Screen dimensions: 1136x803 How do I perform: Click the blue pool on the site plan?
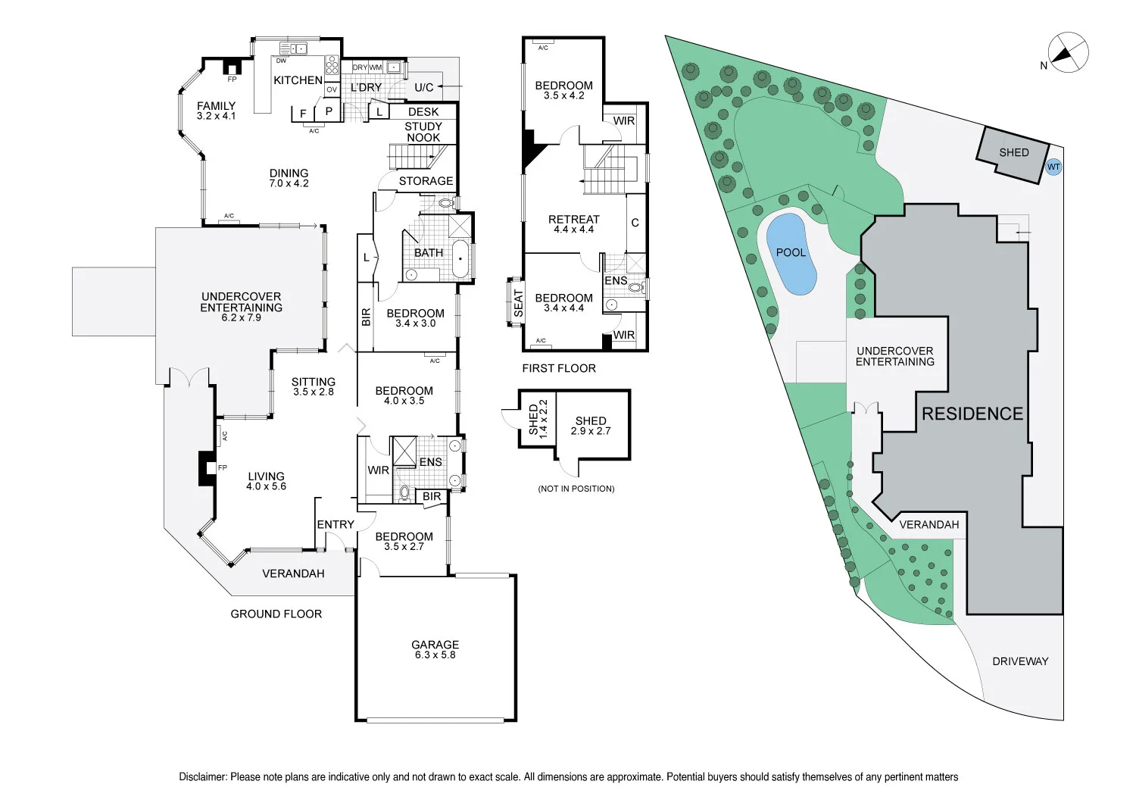(791, 254)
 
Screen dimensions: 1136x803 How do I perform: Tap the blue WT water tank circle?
(1053, 167)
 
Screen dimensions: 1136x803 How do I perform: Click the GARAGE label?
(435, 645)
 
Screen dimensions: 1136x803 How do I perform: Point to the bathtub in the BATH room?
(460, 259)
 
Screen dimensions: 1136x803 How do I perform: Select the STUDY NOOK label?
(423, 132)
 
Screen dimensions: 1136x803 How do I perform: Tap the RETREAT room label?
(573, 220)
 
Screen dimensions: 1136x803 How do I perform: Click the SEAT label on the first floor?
(518, 303)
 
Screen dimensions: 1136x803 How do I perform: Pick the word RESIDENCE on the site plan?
(972, 414)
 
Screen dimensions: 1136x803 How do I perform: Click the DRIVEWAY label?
(1020, 661)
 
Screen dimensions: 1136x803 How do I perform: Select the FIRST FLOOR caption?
(559, 368)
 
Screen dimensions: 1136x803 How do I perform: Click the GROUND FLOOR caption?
(276, 614)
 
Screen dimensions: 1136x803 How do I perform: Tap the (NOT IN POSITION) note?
(576, 489)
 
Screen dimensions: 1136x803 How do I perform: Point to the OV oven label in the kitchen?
(332, 89)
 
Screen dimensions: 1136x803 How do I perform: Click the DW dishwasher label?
(281, 61)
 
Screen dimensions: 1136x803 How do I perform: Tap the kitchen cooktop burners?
(332, 65)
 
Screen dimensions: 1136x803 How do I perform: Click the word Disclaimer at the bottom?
(202, 777)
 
